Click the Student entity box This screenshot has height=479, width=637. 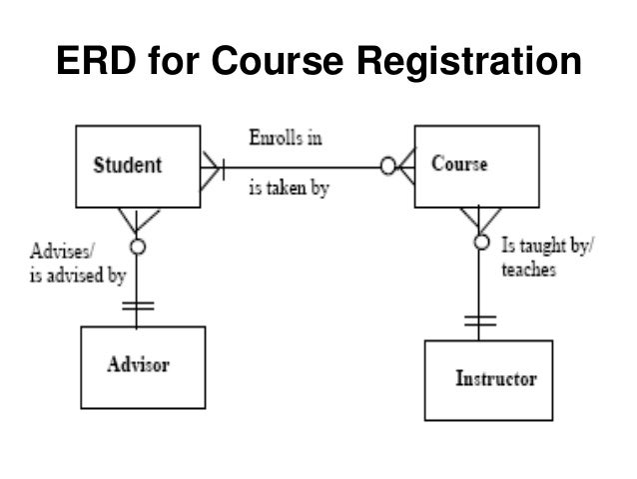coord(139,166)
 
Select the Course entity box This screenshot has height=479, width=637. coord(477,165)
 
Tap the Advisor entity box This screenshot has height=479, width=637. coord(143,366)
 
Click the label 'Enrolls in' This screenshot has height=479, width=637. coord(286,138)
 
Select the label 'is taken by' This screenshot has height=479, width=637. coord(289,186)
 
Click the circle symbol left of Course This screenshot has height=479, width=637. coord(387,166)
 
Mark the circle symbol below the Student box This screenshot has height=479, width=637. coord(139,244)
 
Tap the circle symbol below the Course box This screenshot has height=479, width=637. coord(481,243)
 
